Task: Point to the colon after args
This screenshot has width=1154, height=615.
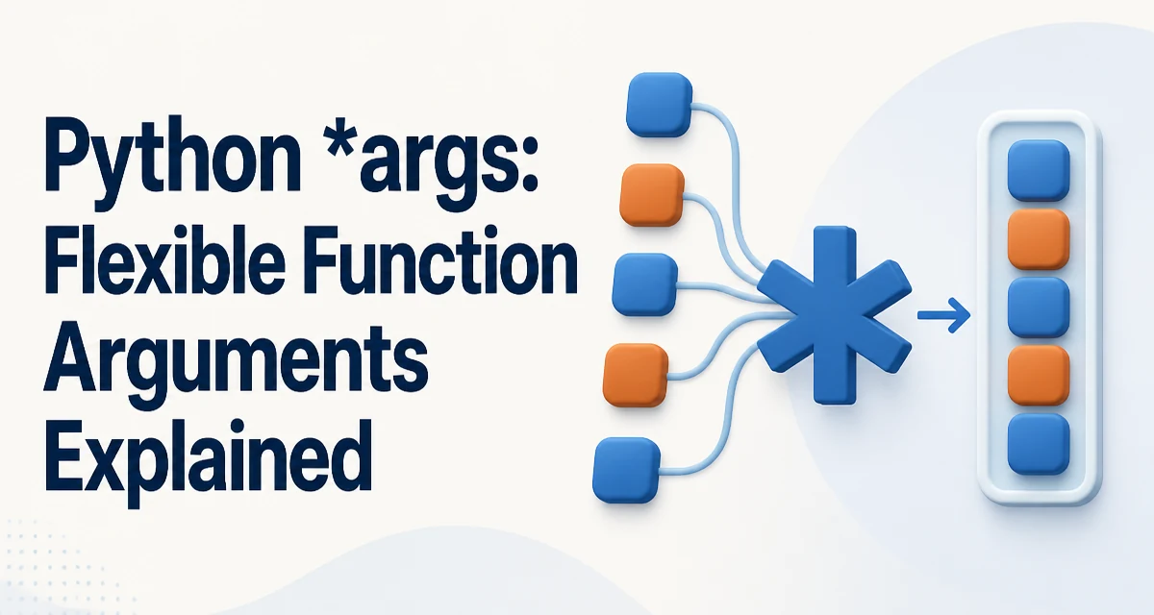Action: pyautogui.click(x=527, y=164)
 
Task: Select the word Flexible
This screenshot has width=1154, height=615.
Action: pyautogui.click(x=165, y=262)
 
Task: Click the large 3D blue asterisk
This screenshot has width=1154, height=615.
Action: pyautogui.click(x=834, y=315)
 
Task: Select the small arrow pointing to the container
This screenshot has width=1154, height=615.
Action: pyautogui.click(x=943, y=314)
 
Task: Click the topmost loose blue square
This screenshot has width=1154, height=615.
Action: pyautogui.click(x=659, y=105)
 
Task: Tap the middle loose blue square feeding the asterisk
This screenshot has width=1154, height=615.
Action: pyautogui.click(x=644, y=284)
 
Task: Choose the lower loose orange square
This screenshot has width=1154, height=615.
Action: pyautogui.click(x=636, y=375)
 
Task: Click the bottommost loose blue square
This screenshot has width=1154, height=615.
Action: pyautogui.click(x=626, y=470)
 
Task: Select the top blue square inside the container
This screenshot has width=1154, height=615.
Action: pyautogui.click(x=1038, y=170)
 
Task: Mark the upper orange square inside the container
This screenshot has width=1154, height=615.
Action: pyautogui.click(x=1038, y=239)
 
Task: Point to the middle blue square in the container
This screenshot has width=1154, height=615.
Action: pyautogui.click(x=1038, y=307)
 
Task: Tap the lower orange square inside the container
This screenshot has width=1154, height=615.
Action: pyautogui.click(x=1038, y=376)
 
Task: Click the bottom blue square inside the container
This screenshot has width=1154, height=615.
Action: pyautogui.click(x=1038, y=444)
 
